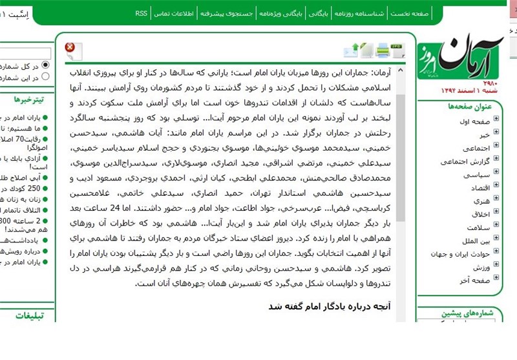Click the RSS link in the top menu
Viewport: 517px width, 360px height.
click(x=142, y=13)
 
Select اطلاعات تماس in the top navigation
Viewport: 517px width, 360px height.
click(x=174, y=13)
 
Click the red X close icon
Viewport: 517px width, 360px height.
click(x=70, y=47)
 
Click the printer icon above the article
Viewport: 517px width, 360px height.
click(x=382, y=50)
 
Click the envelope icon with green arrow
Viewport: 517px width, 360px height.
click(x=352, y=50)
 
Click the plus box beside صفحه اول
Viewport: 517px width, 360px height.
click(x=496, y=121)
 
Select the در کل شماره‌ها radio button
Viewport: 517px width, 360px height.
click(x=45, y=65)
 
